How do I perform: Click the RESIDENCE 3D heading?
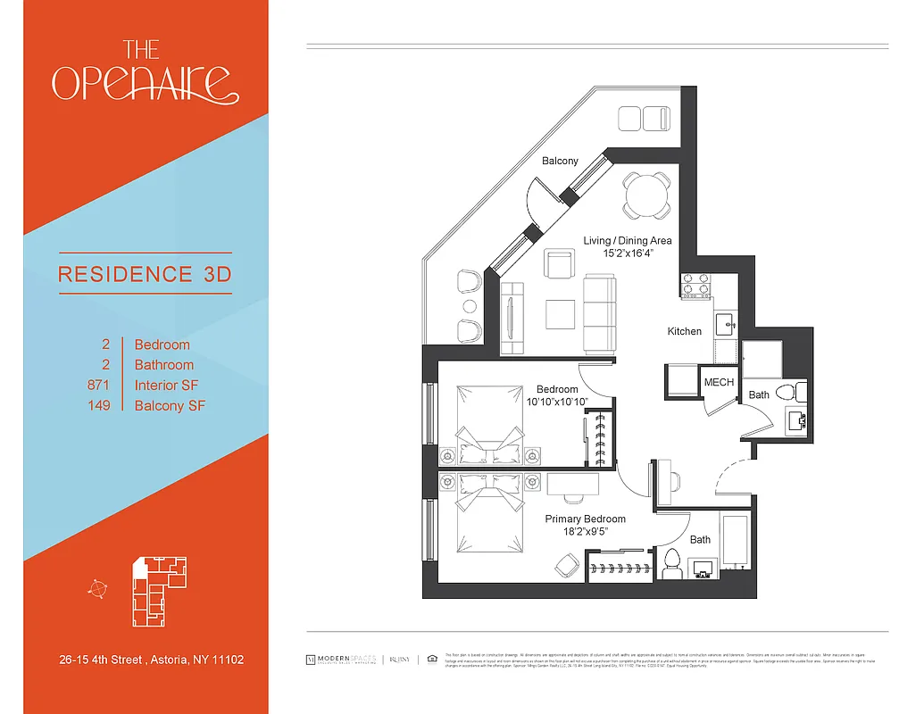(x=144, y=274)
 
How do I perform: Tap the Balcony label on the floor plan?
(x=560, y=161)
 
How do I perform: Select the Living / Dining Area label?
(x=628, y=240)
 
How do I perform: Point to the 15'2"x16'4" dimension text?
(x=628, y=253)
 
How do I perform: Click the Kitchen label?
(x=685, y=331)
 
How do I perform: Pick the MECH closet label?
(x=719, y=382)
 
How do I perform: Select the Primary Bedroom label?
(x=586, y=519)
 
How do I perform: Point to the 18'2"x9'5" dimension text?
(x=586, y=532)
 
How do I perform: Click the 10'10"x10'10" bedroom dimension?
(x=557, y=403)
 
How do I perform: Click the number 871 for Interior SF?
(x=98, y=386)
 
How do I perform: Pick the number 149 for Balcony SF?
(x=99, y=406)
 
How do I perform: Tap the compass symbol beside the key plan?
(x=97, y=587)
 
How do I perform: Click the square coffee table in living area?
(x=561, y=314)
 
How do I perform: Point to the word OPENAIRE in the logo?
(x=146, y=83)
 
